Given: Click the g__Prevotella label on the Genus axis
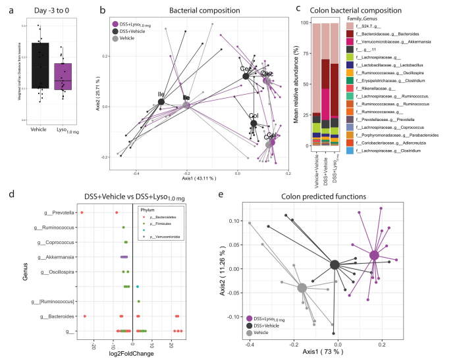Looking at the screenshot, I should [57, 213].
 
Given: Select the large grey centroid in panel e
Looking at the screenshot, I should [302, 288].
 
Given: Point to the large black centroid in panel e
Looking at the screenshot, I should [335, 264].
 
